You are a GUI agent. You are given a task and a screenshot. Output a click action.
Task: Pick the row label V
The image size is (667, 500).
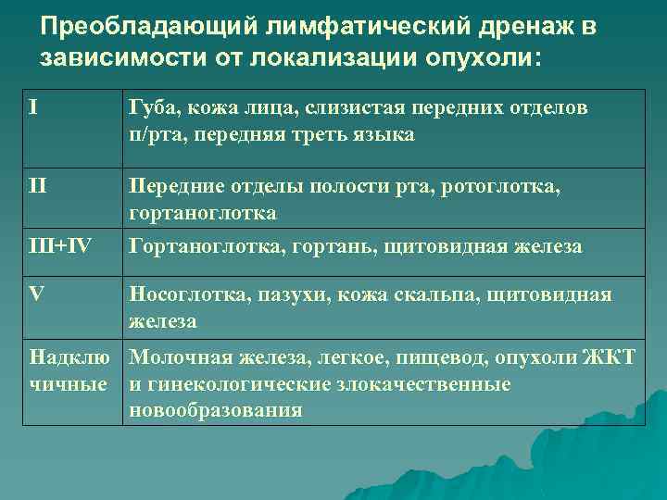point(36,294)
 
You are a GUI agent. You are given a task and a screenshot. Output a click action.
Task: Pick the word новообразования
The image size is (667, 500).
point(216,409)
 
